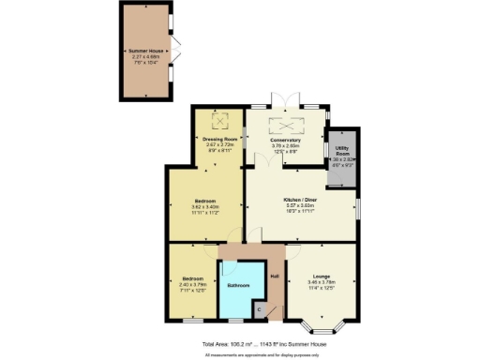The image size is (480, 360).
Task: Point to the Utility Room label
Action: click(x=341, y=151)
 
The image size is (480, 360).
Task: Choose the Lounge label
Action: click(x=322, y=276)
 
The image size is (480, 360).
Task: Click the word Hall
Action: click(x=275, y=276)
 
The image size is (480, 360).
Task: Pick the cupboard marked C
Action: click(x=260, y=309)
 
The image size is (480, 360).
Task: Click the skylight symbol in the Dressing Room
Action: click(x=222, y=120)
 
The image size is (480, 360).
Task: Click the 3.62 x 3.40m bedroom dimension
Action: click(x=206, y=208)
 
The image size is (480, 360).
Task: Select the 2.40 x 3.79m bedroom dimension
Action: click(x=192, y=285)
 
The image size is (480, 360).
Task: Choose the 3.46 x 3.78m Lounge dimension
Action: click(x=322, y=282)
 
